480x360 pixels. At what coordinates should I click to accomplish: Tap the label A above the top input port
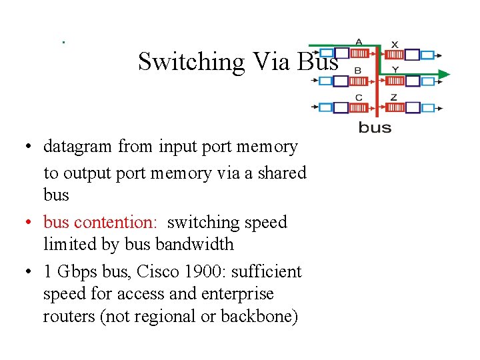click(359, 42)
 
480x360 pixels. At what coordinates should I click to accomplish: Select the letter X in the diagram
click(395, 44)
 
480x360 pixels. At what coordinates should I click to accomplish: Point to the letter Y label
click(395, 69)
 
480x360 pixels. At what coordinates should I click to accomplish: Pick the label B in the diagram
click(358, 70)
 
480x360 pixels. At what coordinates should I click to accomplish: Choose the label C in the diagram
click(359, 97)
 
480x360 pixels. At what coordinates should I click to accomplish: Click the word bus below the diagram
click(375, 127)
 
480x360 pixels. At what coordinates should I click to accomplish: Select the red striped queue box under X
click(395, 55)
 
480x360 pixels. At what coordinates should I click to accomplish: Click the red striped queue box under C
click(359, 107)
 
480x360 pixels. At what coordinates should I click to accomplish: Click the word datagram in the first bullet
click(78, 146)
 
